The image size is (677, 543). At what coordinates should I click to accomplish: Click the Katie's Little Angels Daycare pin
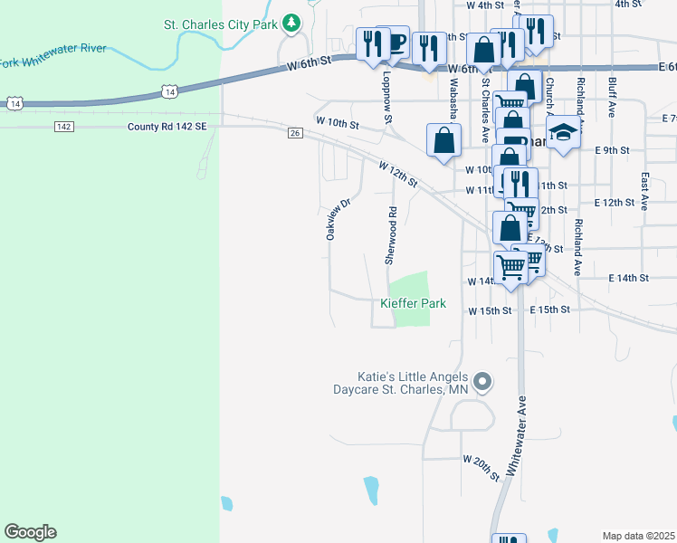pyautogui.click(x=482, y=382)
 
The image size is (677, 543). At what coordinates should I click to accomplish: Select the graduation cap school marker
pyautogui.click(x=563, y=133)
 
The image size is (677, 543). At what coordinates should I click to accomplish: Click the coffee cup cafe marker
pyautogui.click(x=393, y=42)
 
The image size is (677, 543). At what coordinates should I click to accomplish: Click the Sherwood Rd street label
pyautogui.click(x=392, y=235)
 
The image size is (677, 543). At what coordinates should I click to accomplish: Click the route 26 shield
pyautogui.click(x=294, y=134)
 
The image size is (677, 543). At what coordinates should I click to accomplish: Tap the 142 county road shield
pyautogui.click(x=63, y=127)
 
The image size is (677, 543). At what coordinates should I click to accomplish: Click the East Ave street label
pyautogui.click(x=644, y=192)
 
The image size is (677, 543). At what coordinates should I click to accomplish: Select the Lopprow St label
pyautogui.click(x=386, y=98)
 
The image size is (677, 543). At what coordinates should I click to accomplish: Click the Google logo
pyautogui.click(x=30, y=532)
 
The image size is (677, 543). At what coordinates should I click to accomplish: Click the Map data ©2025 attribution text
pyautogui.click(x=638, y=536)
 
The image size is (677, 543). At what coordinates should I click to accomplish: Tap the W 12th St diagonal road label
pyautogui.click(x=398, y=176)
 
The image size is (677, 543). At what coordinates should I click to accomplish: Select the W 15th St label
pyautogui.click(x=490, y=310)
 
